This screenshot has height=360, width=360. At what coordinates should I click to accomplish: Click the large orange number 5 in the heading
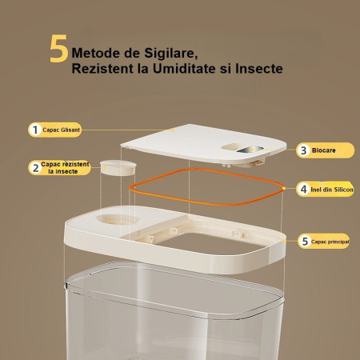coord(58,50)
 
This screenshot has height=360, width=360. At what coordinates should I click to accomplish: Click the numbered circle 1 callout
coord(34,129)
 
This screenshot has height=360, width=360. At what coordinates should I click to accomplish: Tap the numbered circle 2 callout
coord(34,167)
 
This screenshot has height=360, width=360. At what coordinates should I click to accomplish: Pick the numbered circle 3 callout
coord(303,150)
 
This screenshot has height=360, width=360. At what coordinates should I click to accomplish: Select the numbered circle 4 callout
coord(303,190)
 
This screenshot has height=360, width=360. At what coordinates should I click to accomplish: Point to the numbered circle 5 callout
coord(303,240)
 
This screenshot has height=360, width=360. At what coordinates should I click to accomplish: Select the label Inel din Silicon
coord(332,190)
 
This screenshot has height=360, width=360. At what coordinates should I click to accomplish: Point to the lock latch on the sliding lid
coord(247,150)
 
